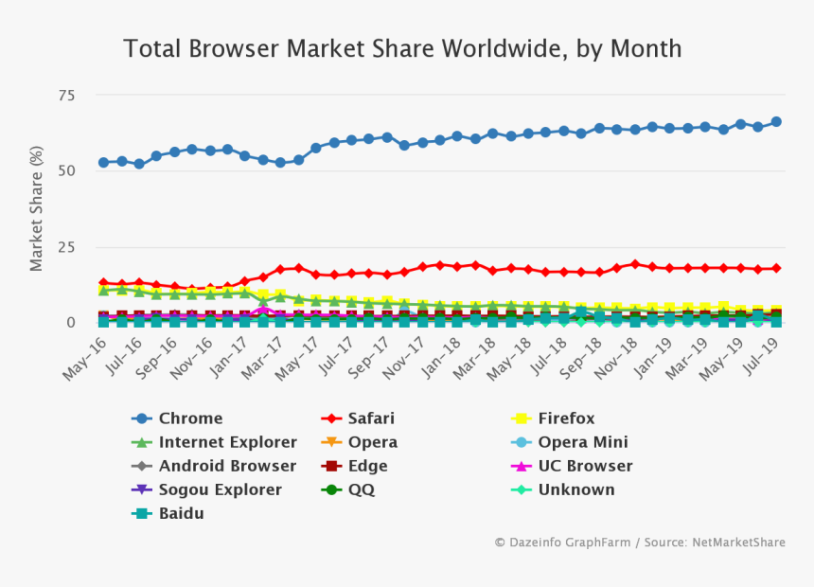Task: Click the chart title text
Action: [x=402, y=48]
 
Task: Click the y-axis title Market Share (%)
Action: [x=37, y=208]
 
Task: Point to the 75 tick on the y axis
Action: [x=66, y=95]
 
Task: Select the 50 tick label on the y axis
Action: [x=66, y=171]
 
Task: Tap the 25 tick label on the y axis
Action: [x=66, y=247]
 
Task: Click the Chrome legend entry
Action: [x=190, y=418]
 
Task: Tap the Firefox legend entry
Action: [x=566, y=418]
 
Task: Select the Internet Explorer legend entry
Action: [x=227, y=442]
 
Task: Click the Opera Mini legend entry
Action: [x=582, y=442]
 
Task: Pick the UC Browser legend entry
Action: [x=585, y=466]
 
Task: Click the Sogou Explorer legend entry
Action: [x=220, y=489]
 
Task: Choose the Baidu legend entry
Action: [x=181, y=513]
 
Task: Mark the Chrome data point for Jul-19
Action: [x=776, y=121]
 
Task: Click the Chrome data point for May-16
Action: [x=103, y=163]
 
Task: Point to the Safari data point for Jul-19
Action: [x=776, y=268]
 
